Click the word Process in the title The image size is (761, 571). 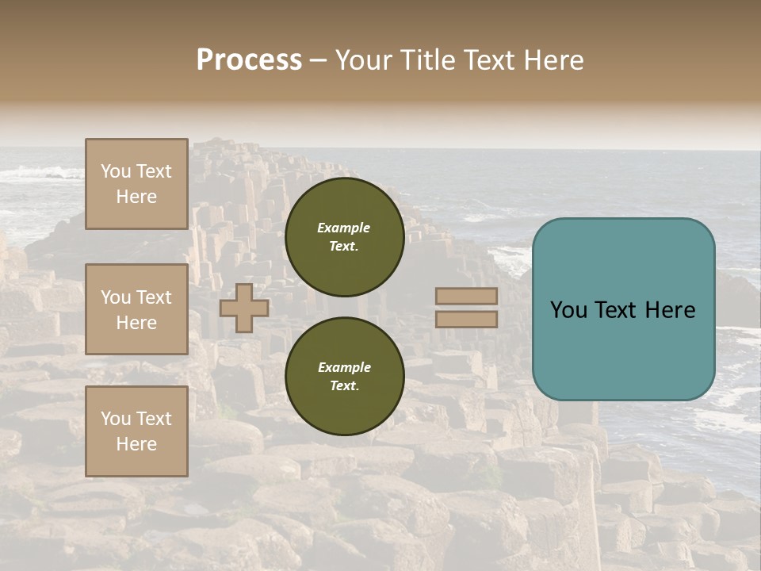(249, 60)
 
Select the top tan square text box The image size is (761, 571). (136, 184)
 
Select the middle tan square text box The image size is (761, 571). (136, 309)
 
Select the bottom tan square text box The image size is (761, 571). (136, 431)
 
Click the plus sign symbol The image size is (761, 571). (244, 308)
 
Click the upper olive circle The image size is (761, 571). (344, 236)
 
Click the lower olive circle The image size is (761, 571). (344, 376)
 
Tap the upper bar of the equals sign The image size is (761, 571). (466, 297)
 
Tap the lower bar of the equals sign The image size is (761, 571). (466, 319)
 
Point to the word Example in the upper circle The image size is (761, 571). (344, 228)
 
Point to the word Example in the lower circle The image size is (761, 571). (344, 367)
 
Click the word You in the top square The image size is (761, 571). (115, 171)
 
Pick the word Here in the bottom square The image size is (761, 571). (136, 444)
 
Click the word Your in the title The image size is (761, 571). (365, 60)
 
